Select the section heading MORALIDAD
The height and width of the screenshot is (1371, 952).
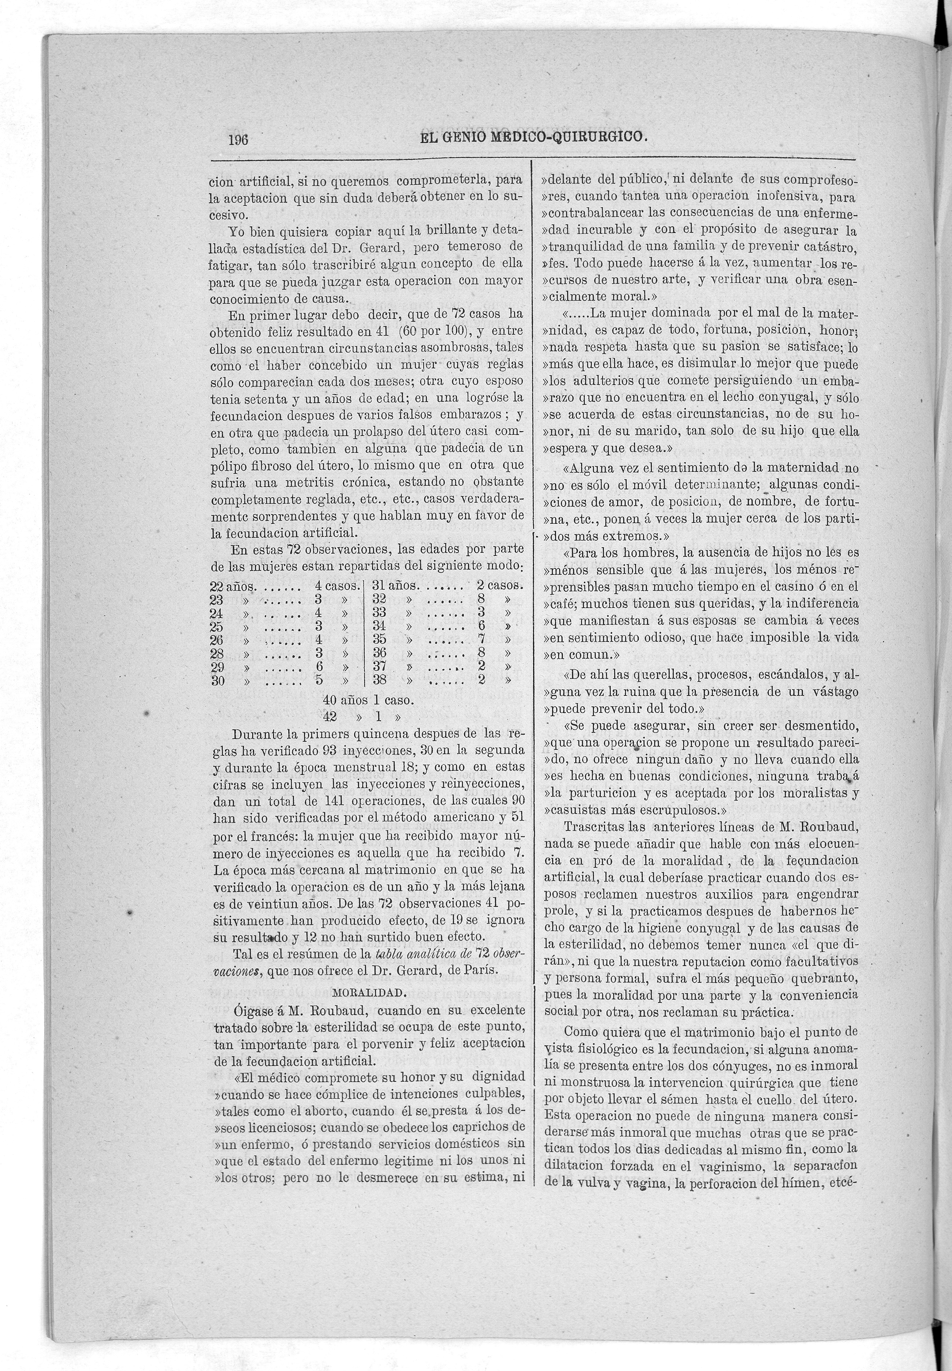[369, 993]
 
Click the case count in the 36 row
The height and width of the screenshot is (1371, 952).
[482, 652]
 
